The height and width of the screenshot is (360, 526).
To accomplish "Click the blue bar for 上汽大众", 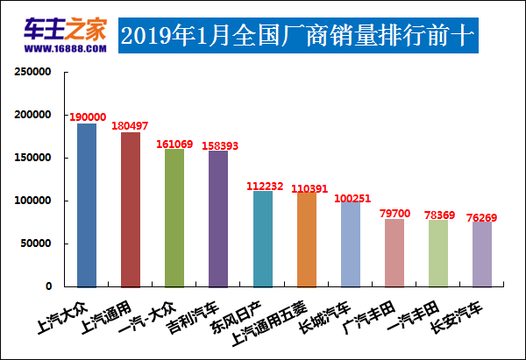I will coord(87,205).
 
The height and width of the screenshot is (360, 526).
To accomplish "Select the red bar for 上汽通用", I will coord(131,209).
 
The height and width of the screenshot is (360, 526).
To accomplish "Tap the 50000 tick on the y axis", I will coord(37,244).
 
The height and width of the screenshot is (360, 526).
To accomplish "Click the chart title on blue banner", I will coord(298,36).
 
